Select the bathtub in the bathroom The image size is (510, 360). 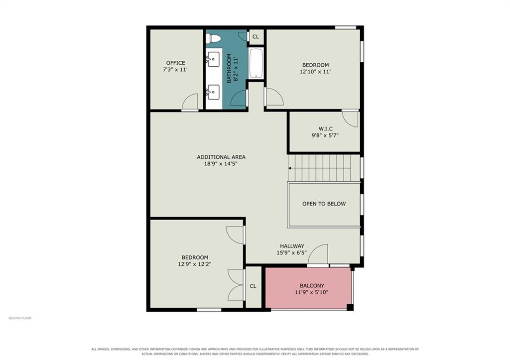256,63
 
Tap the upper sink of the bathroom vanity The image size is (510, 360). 213,59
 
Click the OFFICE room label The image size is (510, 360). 176,63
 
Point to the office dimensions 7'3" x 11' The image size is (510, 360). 175,69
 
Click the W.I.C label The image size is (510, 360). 326,128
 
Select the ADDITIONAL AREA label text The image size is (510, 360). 221,157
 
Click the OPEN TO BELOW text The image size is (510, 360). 324,204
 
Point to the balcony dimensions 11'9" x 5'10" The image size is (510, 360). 312,292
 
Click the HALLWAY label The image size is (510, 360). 292,246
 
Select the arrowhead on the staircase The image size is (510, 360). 289,168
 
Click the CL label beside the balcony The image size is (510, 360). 253,286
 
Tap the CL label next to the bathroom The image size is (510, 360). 255,37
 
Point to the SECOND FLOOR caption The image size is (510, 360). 20,318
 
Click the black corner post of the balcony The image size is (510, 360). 350,307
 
